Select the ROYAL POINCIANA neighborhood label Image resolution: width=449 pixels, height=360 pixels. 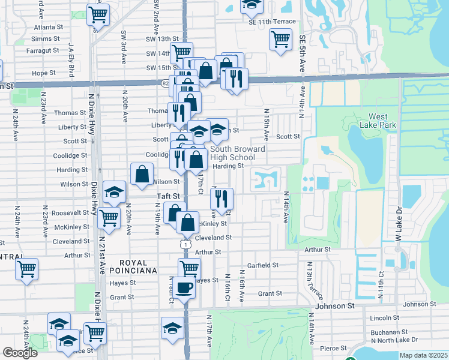point(138,266)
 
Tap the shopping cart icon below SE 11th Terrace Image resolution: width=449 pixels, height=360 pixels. point(280,40)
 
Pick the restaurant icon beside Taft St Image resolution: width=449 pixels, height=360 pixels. point(222,199)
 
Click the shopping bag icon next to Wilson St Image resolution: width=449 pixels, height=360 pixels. point(142,175)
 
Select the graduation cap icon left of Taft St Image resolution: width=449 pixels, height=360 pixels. point(114,192)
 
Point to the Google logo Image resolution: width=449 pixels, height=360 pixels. point(20,353)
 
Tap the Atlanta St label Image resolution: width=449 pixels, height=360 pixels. point(49,27)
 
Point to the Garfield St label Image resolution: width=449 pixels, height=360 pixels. point(263,265)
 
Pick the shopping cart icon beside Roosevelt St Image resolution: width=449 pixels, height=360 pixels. point(109,218)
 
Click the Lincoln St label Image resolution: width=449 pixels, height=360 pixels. point(385,317)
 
